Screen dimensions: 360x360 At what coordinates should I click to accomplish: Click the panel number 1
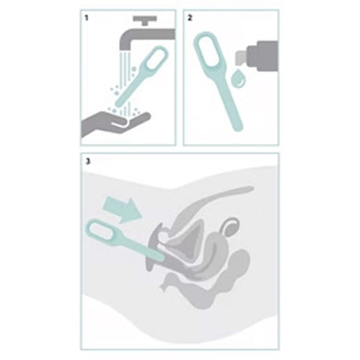pyautogui.click(x=86, y=18)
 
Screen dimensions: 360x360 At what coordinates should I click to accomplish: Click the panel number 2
pyautogui.click(x=189, y=18)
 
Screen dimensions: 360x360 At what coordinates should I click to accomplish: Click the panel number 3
pyautogui.click(x=88, y=161)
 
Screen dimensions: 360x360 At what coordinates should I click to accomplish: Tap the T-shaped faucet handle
pyautogui.click(x=145, y=20)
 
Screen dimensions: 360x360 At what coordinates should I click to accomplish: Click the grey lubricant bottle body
pyautogui.click(x=263, y=56)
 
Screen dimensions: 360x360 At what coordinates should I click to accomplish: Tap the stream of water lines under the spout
pyautogui.click(x=126, y=76)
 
